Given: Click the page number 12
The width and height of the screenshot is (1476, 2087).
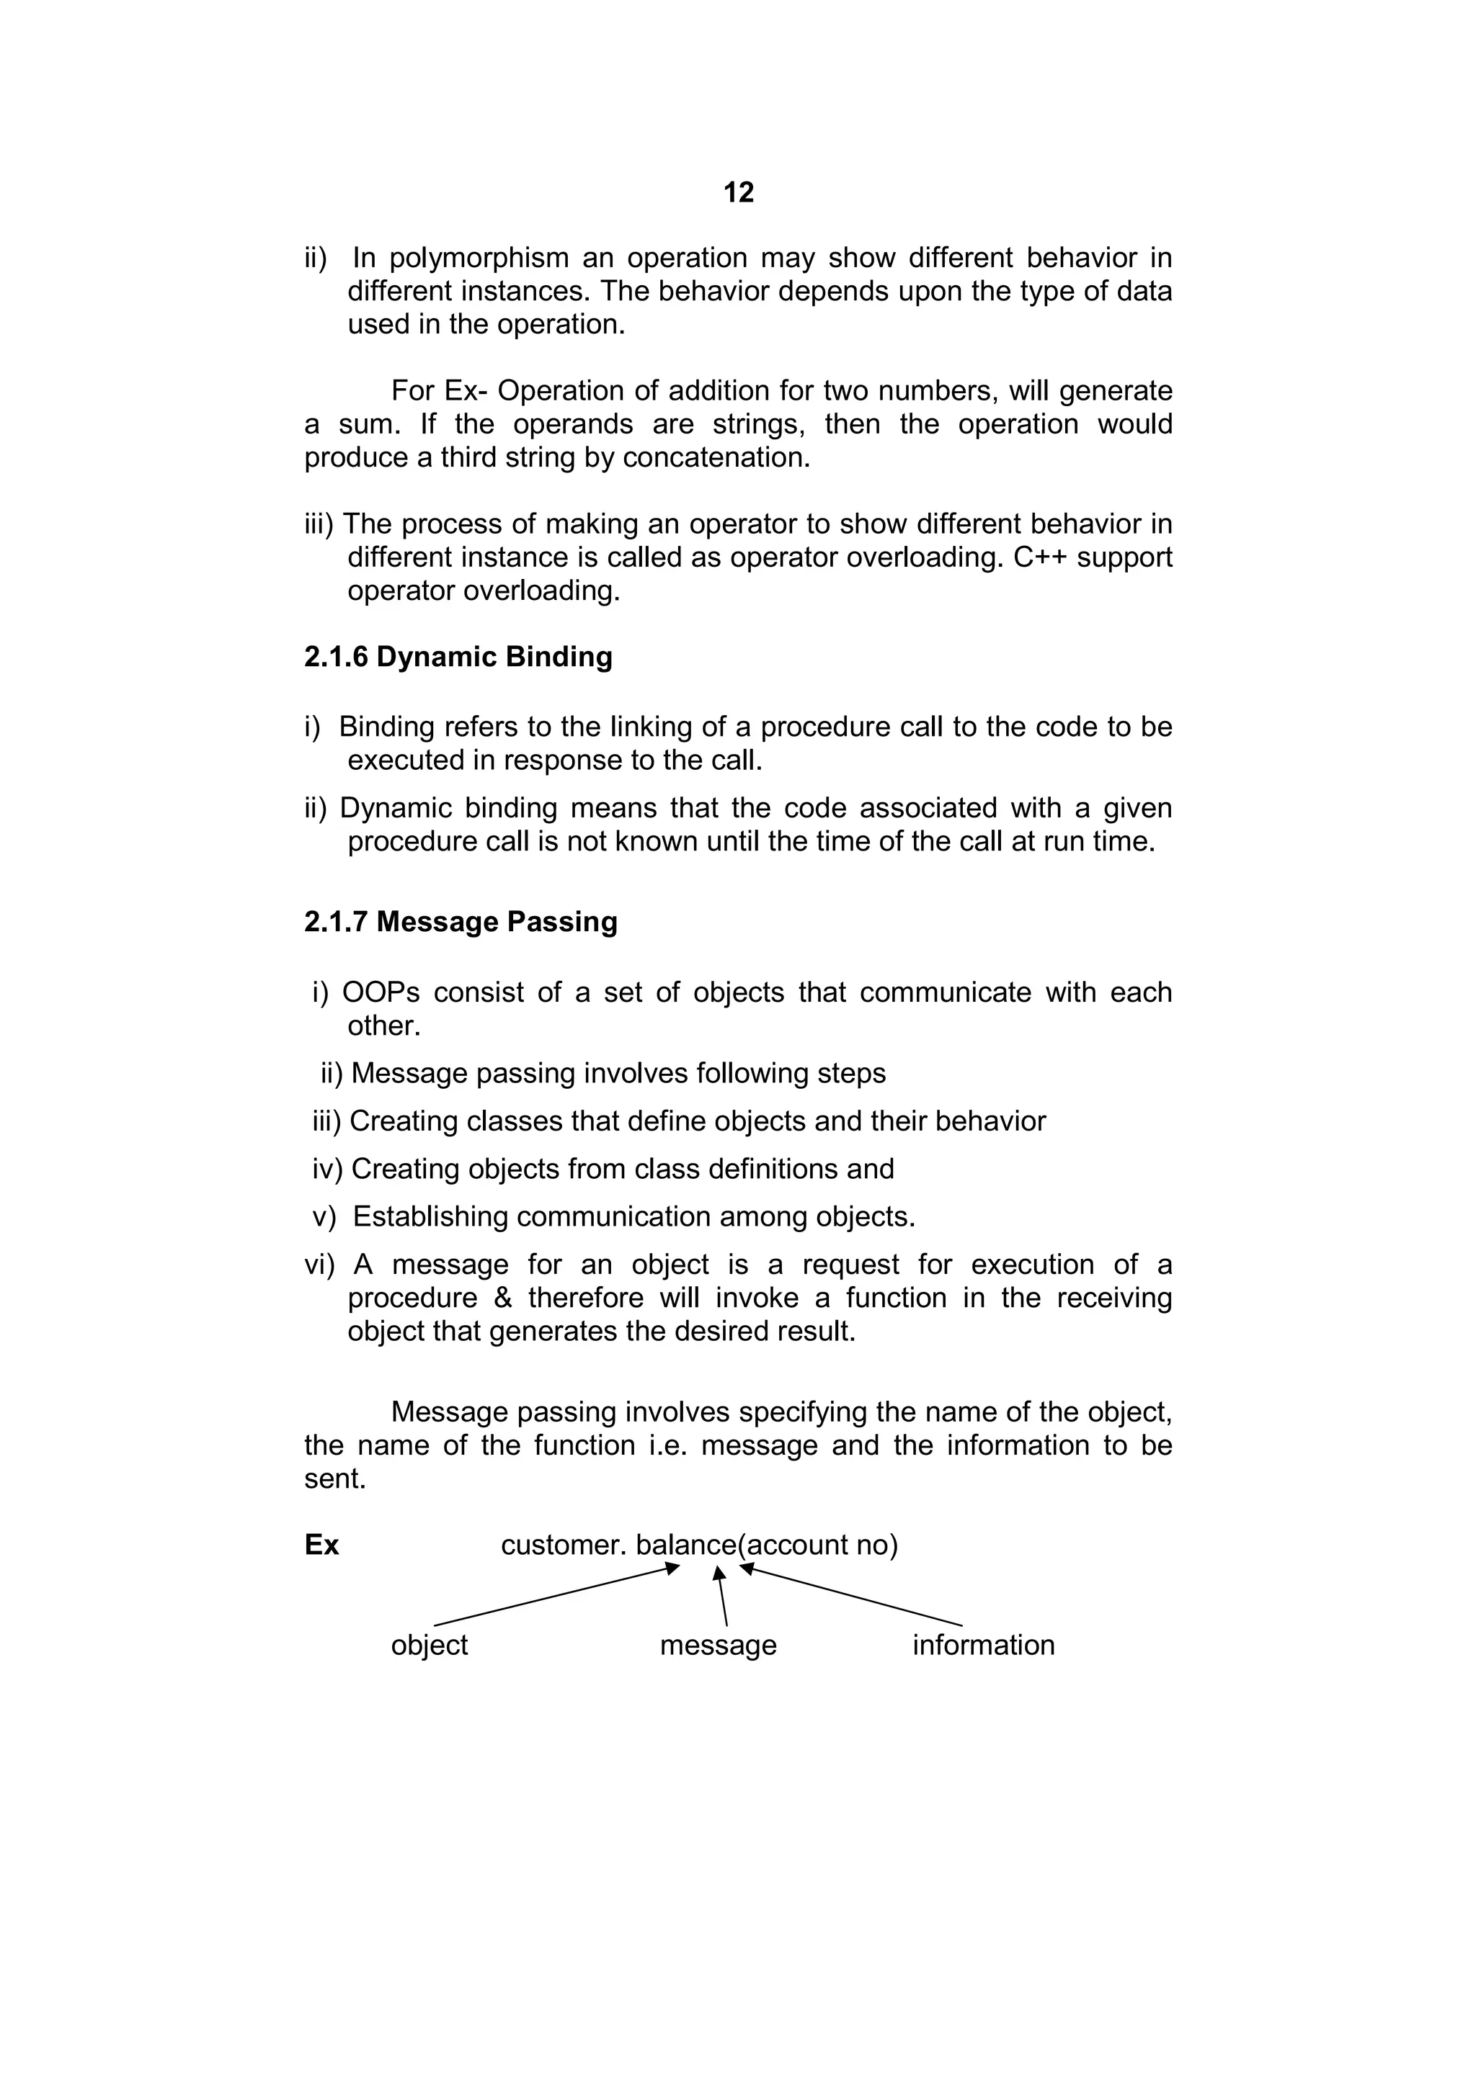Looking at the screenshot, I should tap(739, 193).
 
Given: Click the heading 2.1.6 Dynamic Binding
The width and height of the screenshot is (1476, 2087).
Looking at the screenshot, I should tap(458, 657).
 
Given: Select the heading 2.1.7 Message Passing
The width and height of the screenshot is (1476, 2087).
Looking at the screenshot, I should tap(461, 922).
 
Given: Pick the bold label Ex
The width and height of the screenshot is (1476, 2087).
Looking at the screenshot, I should tap(321, 1545).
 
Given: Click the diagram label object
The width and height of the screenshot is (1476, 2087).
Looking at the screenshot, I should tap(430, 1646).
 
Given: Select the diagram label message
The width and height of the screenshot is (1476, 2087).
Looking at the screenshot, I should tap(718, 1646).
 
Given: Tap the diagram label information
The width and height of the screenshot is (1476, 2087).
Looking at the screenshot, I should tap(983, 1646).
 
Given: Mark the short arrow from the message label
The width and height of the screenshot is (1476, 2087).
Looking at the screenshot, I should tap(722, 1597).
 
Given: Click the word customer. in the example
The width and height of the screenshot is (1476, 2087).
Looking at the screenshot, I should tap(563, 1545).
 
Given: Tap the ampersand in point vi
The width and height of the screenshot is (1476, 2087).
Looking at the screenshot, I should tap(503, 1298).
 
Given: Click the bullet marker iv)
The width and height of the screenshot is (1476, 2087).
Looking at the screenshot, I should tap(326, 1169).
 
